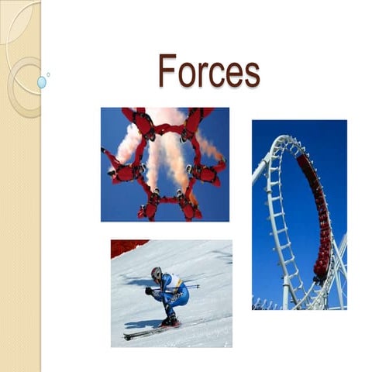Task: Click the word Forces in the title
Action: click(x=208, y=71)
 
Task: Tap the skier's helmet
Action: click(x=157, y=274)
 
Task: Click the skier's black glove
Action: click(x=149, y=291)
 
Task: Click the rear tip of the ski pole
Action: click(x=198, y=286)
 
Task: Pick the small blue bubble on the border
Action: click(x=41, y=81)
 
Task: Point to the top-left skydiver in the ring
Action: click(x=142, y=122)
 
